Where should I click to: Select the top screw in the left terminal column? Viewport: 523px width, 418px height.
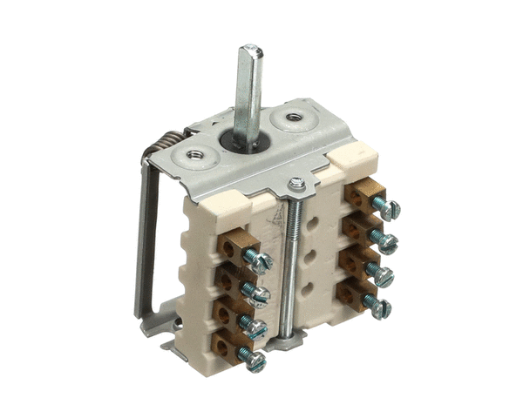point(259,260)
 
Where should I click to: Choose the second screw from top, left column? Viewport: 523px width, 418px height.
point(257,295)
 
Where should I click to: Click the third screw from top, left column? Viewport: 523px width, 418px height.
point(255,328)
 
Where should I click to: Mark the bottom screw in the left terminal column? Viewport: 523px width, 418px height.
point(254,360)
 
